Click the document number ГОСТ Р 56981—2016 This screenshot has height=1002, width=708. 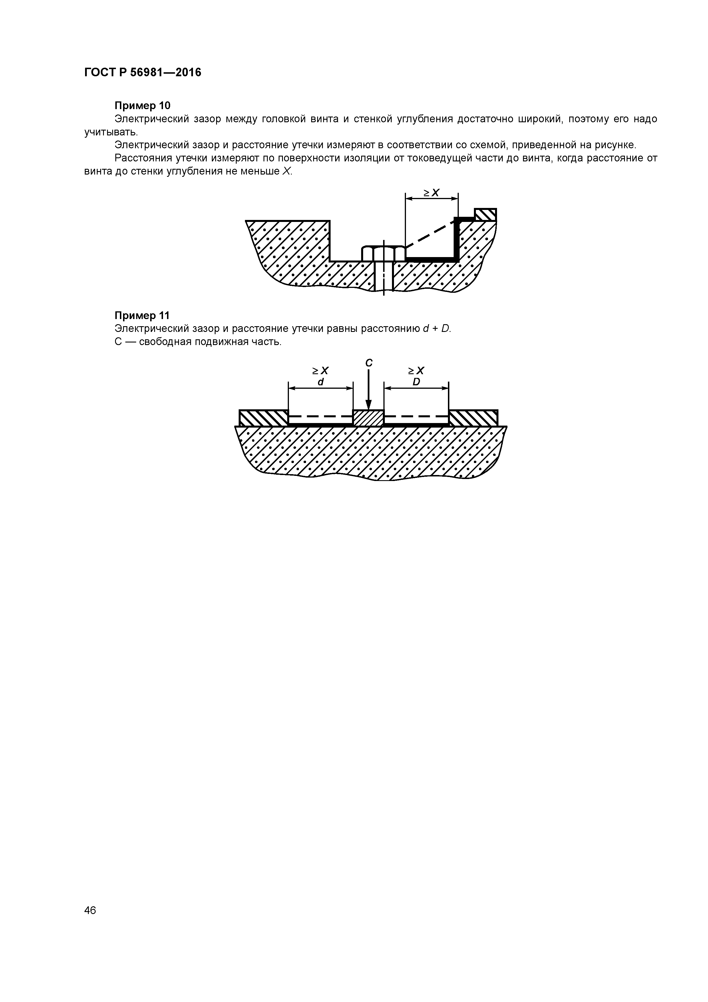coord(143,73)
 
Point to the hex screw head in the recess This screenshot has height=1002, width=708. coord(383,253)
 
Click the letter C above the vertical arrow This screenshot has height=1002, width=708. coord(369,363)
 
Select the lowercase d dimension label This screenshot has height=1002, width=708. coord(321,382)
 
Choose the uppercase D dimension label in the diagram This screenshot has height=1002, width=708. coord(416,382)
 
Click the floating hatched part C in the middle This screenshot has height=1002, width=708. coord(368,417)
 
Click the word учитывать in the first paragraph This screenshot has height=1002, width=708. coord(111,132)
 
